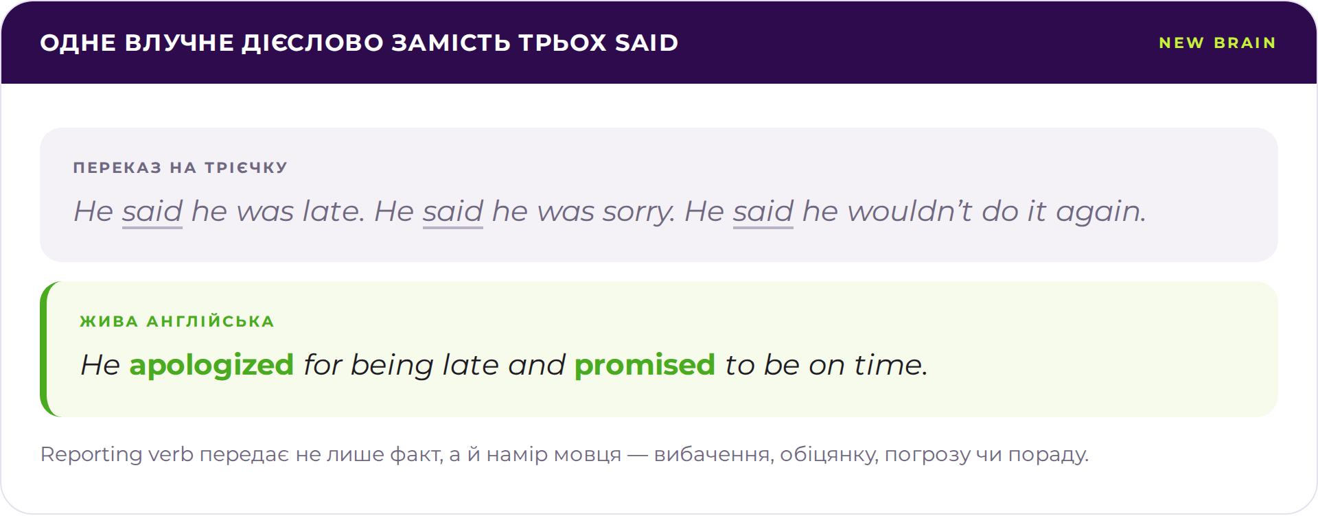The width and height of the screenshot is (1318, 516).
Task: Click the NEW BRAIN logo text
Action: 1217,43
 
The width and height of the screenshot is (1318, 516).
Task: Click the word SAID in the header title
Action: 647,43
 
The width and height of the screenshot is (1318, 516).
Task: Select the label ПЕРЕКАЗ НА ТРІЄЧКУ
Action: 181,167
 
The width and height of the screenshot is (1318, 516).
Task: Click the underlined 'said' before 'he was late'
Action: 152,211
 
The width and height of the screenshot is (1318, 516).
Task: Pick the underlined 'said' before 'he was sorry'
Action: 453,211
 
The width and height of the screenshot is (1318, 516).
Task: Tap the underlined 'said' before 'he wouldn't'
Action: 763,211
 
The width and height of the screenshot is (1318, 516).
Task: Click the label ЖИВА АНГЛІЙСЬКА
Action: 177,321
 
